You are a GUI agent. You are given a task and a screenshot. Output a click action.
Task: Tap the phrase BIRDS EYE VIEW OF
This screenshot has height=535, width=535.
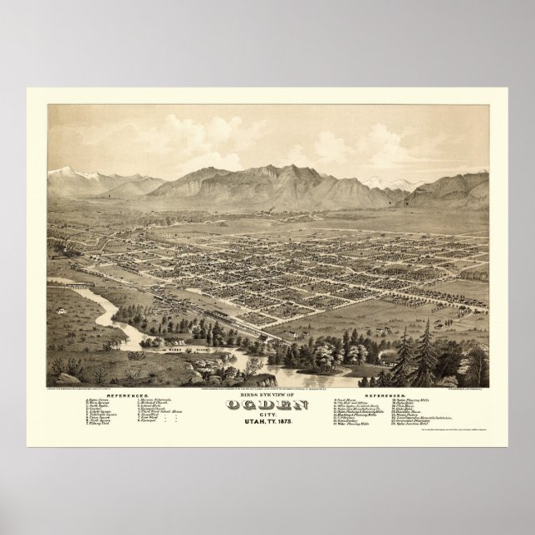coord(268,394)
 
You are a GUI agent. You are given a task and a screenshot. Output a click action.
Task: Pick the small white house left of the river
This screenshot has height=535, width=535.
coord(61,312)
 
